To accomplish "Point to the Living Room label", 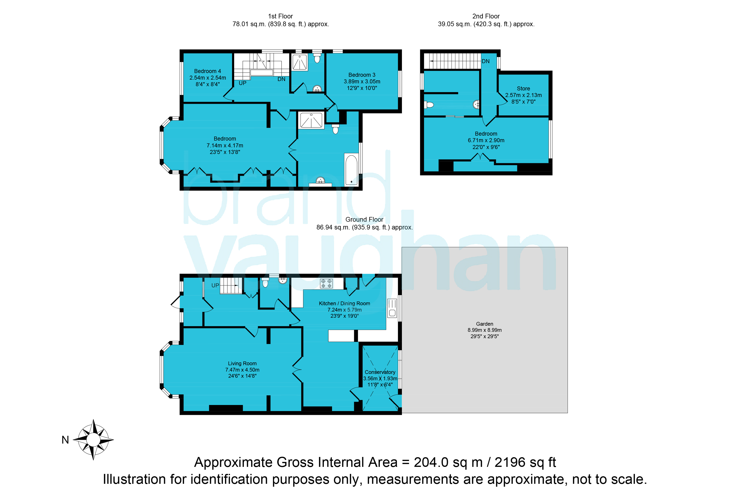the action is [242, 363].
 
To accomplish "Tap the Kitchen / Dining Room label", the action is [344, 303].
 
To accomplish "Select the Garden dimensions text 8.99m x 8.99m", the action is [484, 330].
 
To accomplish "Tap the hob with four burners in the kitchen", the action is [326, 283].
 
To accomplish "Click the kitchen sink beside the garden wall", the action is [392, 308].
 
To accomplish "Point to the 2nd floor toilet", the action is [429, 105].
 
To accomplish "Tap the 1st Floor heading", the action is [281, 16].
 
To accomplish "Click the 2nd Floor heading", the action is [486, 16].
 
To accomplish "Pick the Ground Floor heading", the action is [364, 219].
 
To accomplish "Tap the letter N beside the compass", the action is [65, 440].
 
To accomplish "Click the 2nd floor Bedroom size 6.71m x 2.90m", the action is [486, 140].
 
